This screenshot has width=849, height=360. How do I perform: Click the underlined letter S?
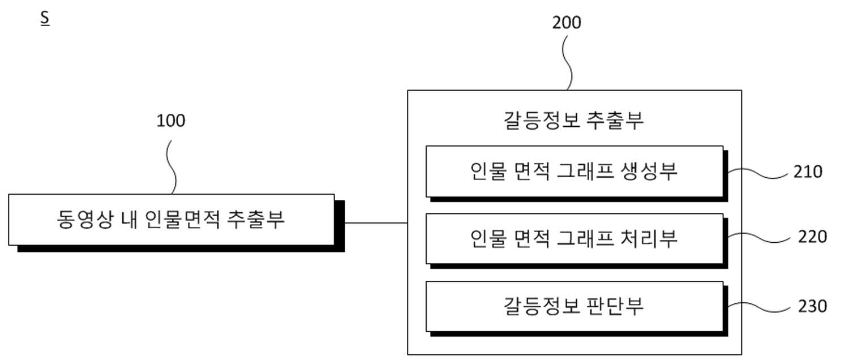(x=45, y=18)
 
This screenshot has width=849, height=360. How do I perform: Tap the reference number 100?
(x=171, y=121)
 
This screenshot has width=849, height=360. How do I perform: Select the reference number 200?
(x=567, y=23)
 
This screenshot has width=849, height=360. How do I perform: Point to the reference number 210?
(x=808, y=172)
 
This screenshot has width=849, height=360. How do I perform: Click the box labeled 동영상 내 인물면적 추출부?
(x=171, y=220)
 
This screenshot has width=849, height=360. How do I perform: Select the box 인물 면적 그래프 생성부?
(x=574, y=172)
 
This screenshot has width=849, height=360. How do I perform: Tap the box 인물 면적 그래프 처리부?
(x=574, y=239)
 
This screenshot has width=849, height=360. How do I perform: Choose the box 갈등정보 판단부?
(x=574, y=306)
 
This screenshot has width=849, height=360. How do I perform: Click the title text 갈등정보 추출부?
(x=573, y=120)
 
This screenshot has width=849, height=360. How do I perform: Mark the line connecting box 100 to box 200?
(x=376, y=223)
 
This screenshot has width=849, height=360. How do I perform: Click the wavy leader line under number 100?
(x=171, y=167)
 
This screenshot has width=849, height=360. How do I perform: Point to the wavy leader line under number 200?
(x=567, y=63)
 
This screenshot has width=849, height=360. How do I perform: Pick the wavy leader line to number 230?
(x=759, y=307)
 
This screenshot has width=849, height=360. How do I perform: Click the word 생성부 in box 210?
(x=649, y=172)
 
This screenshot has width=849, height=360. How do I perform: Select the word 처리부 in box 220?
(x=649, y=239)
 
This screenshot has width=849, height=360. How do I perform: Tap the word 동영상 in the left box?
(x=85, y=220)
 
